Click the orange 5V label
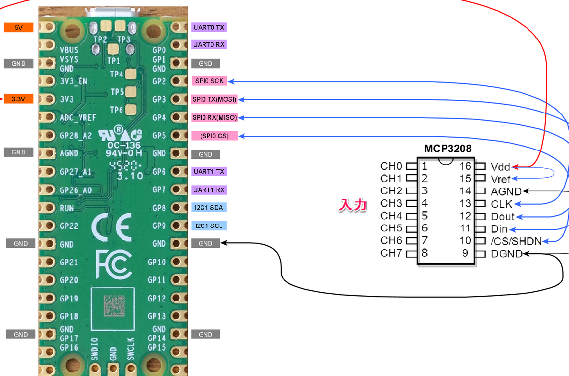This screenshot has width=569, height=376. [18, 28]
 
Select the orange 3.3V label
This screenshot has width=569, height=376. [18, 99]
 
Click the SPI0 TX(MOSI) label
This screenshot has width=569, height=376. [214, 100]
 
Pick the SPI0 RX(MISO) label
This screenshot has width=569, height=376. [214, 117]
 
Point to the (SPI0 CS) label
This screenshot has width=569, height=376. [214, 136]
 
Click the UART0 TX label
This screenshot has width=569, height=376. [209, 28]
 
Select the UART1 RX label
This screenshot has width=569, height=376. [209, 190]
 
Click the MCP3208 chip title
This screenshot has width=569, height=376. [447, 149]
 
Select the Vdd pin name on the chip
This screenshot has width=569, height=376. [500, 167]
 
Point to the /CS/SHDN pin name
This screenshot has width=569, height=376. [516, 241]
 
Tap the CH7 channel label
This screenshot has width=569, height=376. [391, 254]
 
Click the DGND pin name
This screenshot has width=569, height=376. [506, 254]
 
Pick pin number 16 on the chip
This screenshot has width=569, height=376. [465, 166]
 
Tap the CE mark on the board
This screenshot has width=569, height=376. [111, 226]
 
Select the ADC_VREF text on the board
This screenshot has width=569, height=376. [78, 118]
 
